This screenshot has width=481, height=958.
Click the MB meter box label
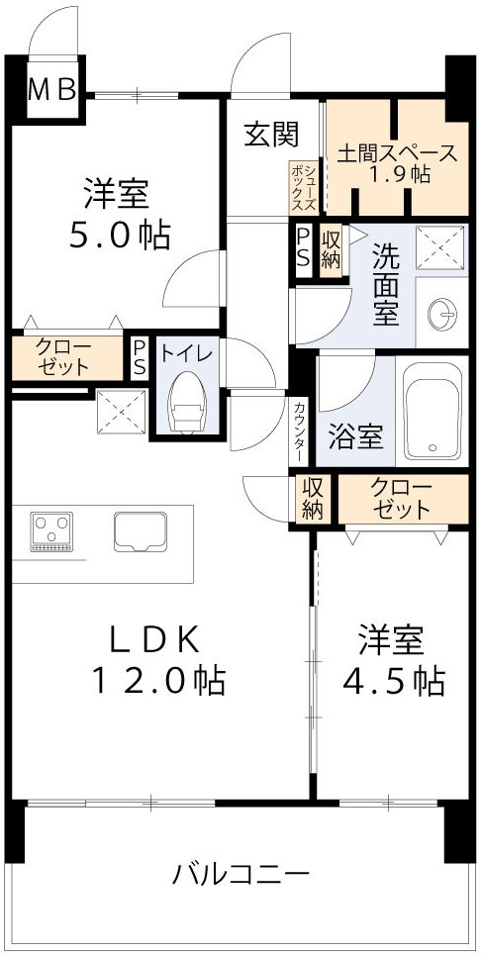click(51, 91)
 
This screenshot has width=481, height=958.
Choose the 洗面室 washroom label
click(385, 285)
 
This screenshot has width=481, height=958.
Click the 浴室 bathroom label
click(356, 436)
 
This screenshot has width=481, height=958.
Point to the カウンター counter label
click(299, 429)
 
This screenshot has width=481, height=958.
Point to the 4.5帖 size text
click(393, 681)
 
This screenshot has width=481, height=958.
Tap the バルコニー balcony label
click(241, 875)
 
